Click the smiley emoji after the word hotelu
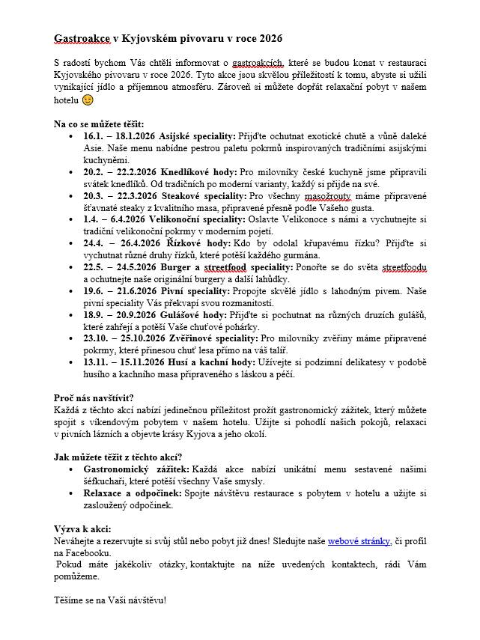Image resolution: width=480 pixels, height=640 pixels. pos(88,100)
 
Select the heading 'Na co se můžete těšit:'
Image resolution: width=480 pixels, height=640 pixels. pos(99,124)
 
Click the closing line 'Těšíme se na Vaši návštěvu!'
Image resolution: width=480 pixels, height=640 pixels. pos(110,600)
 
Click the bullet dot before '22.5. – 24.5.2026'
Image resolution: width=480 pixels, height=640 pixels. pos(70,267)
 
